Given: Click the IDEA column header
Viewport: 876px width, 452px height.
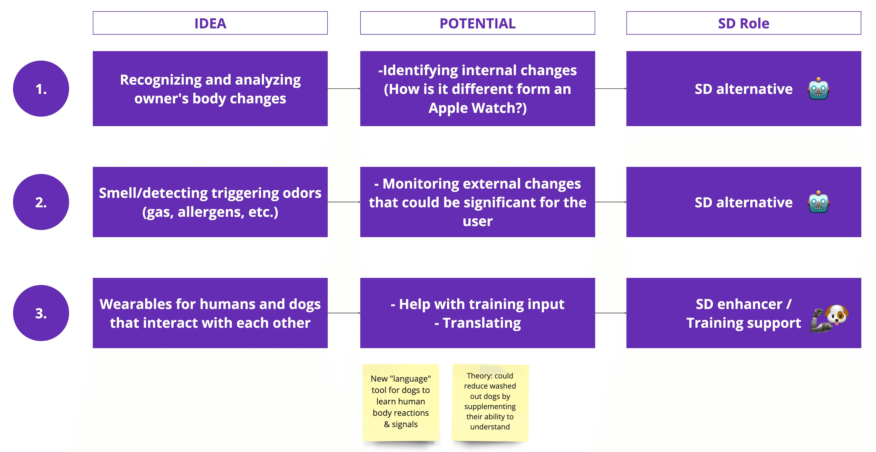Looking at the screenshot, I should pyautogui.click(x=210, y=23).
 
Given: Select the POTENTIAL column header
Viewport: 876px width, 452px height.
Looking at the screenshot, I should pyautogui.click(x=477, y=23).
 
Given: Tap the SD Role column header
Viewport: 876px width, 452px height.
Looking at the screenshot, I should pyautogui.click(x=743, y=23).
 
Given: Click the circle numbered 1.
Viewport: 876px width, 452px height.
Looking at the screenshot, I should pyautogui.click(x=41, y=89).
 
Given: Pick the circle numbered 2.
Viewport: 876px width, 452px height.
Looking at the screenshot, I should pyautogui.click(x=41, y=202).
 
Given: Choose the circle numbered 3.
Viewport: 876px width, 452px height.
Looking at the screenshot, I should pyautogui.click(x=41, y=313).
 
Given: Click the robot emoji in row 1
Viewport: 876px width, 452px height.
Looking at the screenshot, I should pyautogui.click(x=818, y=89).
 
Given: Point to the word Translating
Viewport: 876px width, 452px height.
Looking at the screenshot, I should pyautogui.click(x=482, y=323).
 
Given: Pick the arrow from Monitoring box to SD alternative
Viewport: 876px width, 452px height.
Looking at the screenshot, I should pyautogui.click(x=610, y=202).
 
